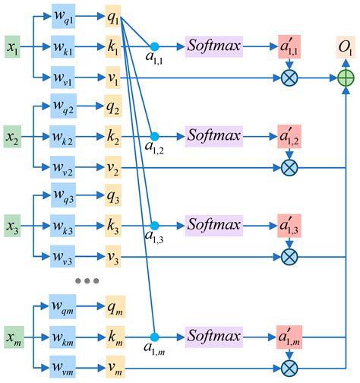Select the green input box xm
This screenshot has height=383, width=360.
pyautogui.click(x=14, y=336)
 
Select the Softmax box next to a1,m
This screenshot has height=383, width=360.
pyautogui.click(x=213, y=336)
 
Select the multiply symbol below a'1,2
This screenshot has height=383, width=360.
pyautogui.click(x=289, y=167)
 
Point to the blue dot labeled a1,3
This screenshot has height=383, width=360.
pyautogui.click(x=155, y=226)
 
